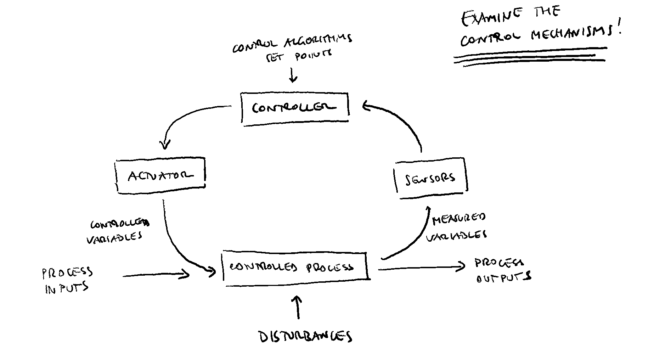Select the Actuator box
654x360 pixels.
click(161, 175)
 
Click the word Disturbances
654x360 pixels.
click(305, 337)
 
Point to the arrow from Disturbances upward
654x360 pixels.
click(298, 307)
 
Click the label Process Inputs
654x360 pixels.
click(67, 280)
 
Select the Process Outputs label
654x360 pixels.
click(502, 270)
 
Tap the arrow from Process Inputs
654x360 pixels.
click(156, 275)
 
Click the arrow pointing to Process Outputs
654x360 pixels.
click(422, 268)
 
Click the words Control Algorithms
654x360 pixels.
click(292, 43)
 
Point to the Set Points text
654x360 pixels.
click(299, 56)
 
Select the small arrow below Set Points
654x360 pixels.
click(293, 75)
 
